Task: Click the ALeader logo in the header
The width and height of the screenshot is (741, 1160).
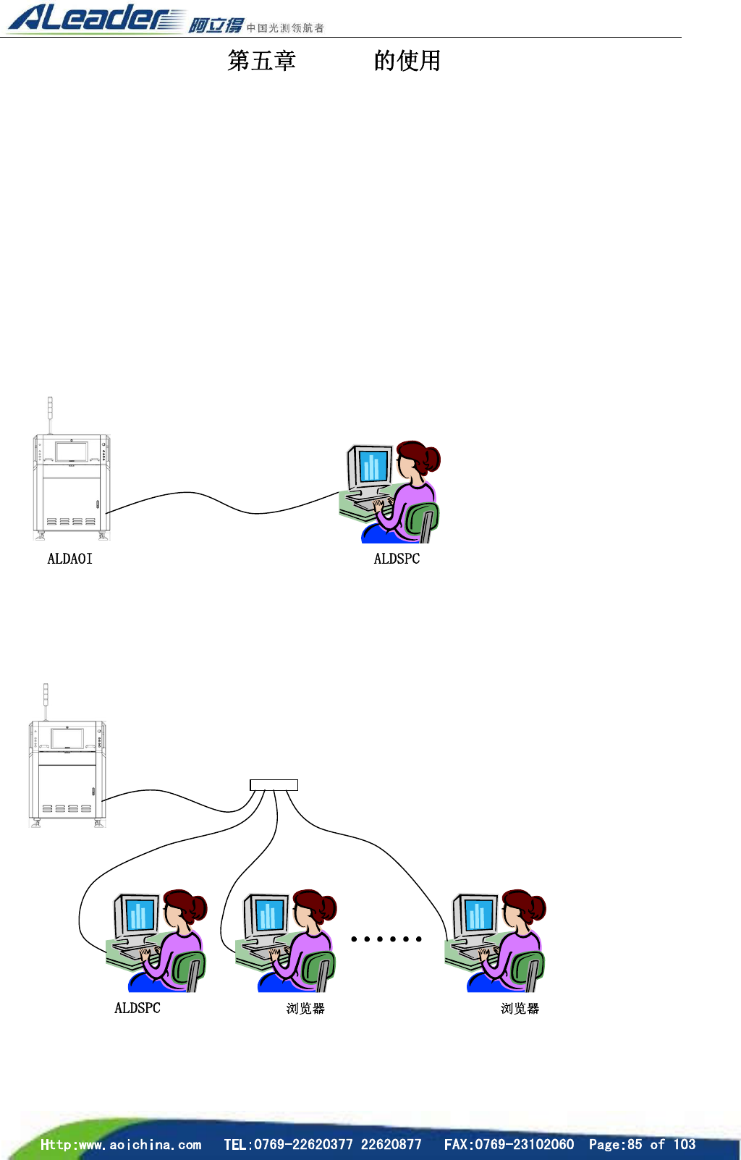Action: tap(94, 18)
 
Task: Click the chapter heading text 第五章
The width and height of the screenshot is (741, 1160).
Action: tap(261, 61)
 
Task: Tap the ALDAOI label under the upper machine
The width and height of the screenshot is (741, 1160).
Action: tap(69, 559)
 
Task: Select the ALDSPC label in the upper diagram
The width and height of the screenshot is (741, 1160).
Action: tap(397, 559)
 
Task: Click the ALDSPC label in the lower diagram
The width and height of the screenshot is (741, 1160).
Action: tap(137, 1008)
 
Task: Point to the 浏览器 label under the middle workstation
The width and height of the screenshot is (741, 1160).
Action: tap(305, 1009)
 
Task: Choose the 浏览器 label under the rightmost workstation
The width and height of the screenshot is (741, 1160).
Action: tap(520, 1009)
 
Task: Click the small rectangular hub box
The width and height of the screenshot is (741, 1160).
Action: tap(274, 785)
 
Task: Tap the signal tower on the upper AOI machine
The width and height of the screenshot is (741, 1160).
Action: tap(50, 412)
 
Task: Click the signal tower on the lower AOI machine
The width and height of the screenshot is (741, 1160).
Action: tap(46, 698)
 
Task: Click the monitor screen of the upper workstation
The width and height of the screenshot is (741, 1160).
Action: tap(373, 467)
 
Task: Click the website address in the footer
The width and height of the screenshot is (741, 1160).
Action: tap(121, 1144)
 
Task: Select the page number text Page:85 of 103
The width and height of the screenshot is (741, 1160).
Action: tap(642, 1144)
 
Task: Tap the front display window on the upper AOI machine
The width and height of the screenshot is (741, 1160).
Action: tap(72, 452)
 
